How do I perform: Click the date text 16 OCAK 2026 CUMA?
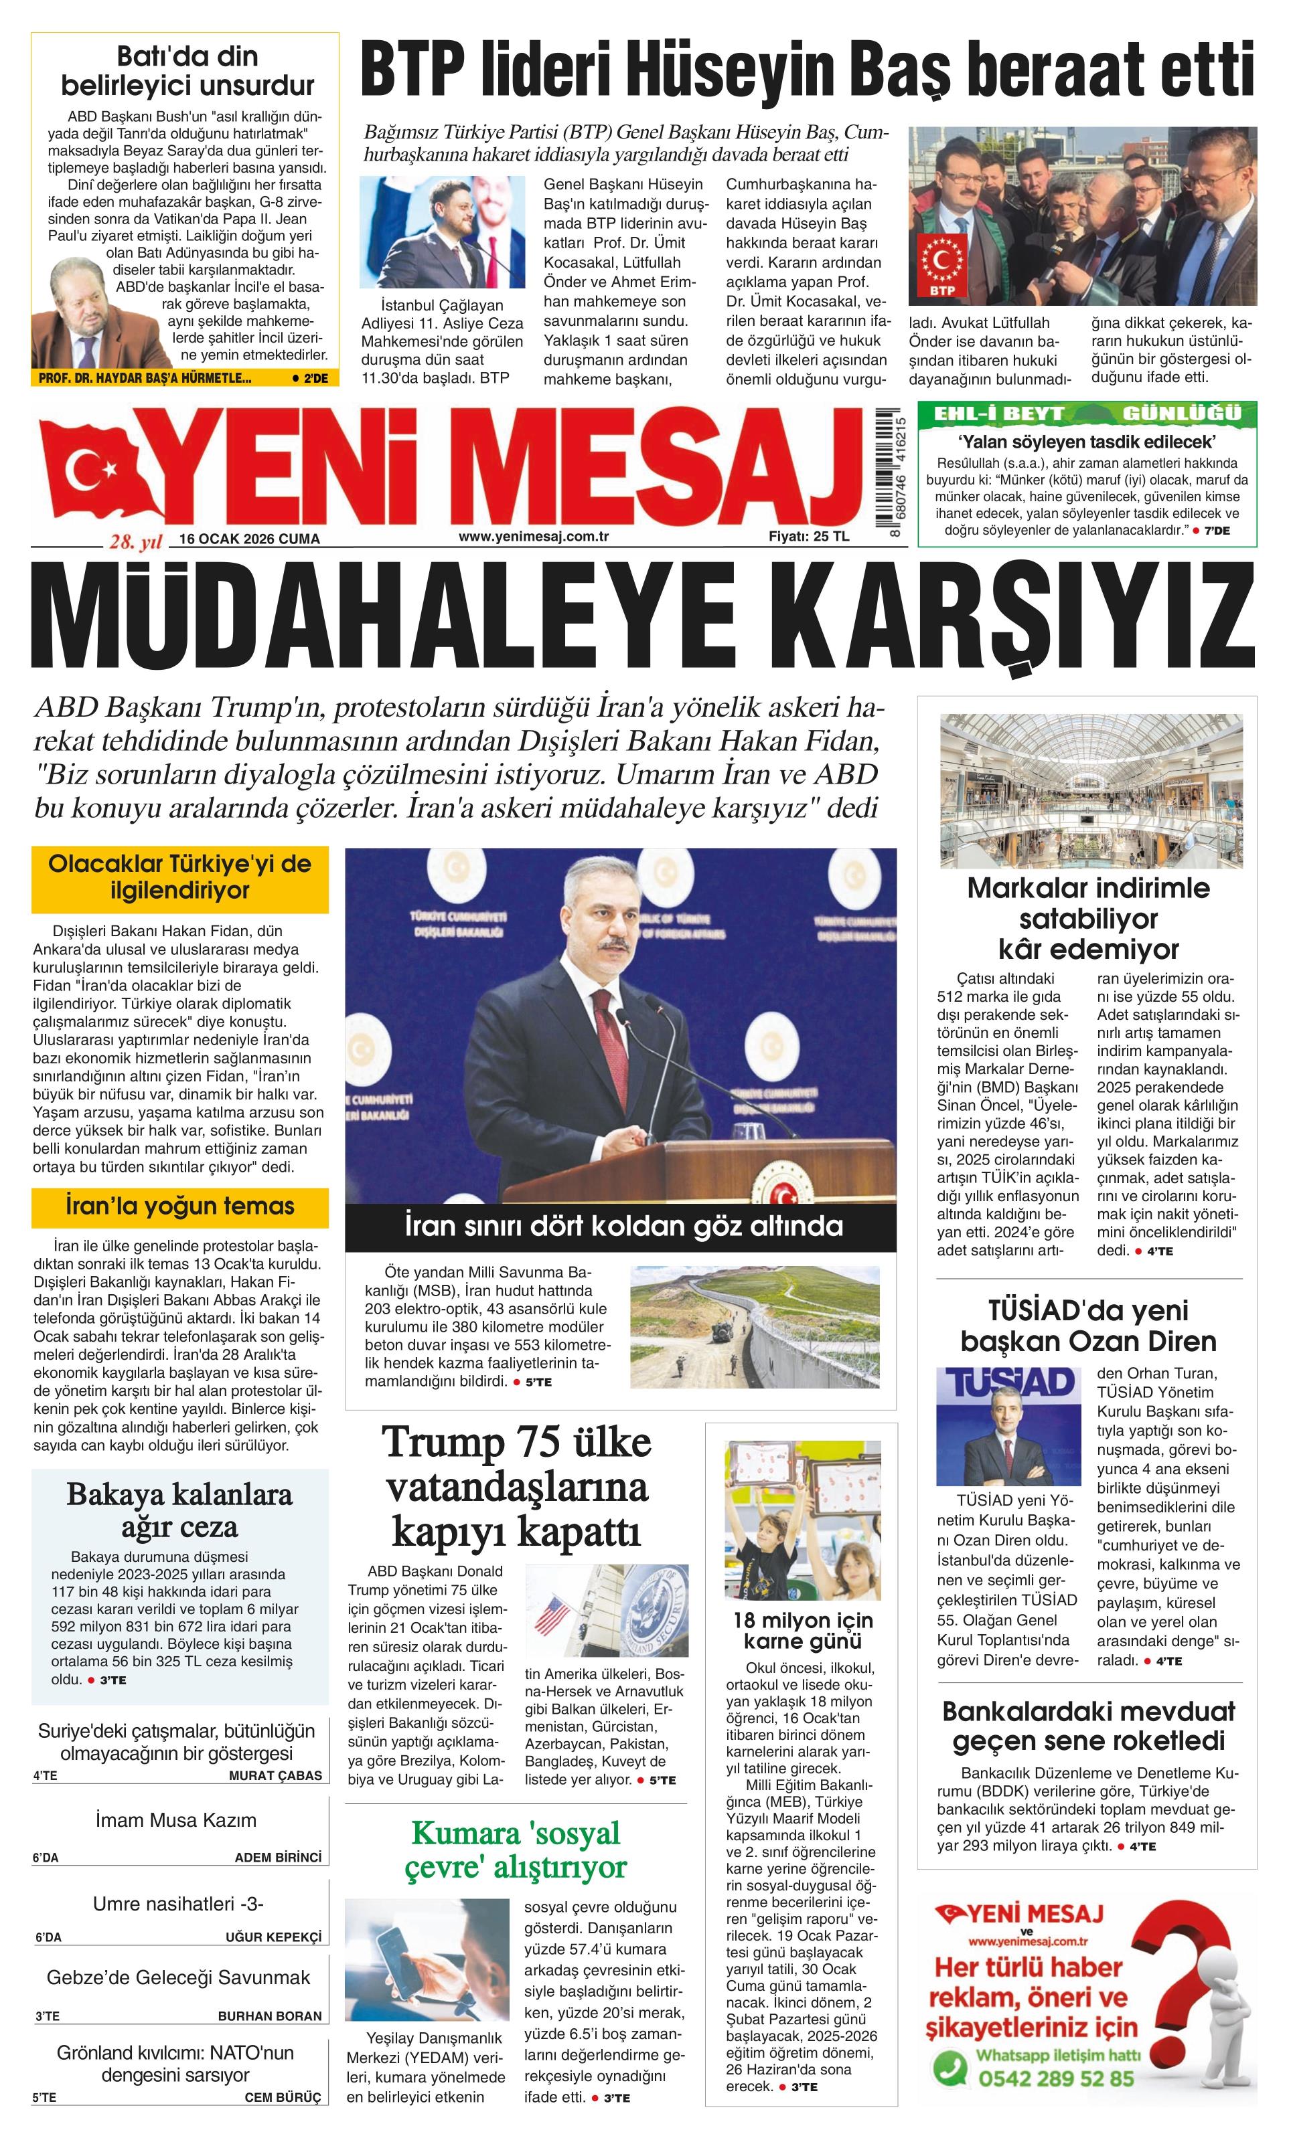click(x=249, y=539)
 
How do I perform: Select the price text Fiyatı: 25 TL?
click(x=809, y=536)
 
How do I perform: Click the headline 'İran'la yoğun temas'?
click(x=179, y=1206)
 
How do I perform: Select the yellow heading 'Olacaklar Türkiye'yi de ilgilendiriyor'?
click(x=179, y=877)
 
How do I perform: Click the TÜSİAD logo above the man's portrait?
click(x=1008, y=1383)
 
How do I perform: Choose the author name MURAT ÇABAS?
click(x=275, y=1775)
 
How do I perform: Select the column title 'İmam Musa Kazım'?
click(x=176, y=1819)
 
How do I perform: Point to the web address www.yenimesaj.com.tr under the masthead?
click(x=533, y=536)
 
